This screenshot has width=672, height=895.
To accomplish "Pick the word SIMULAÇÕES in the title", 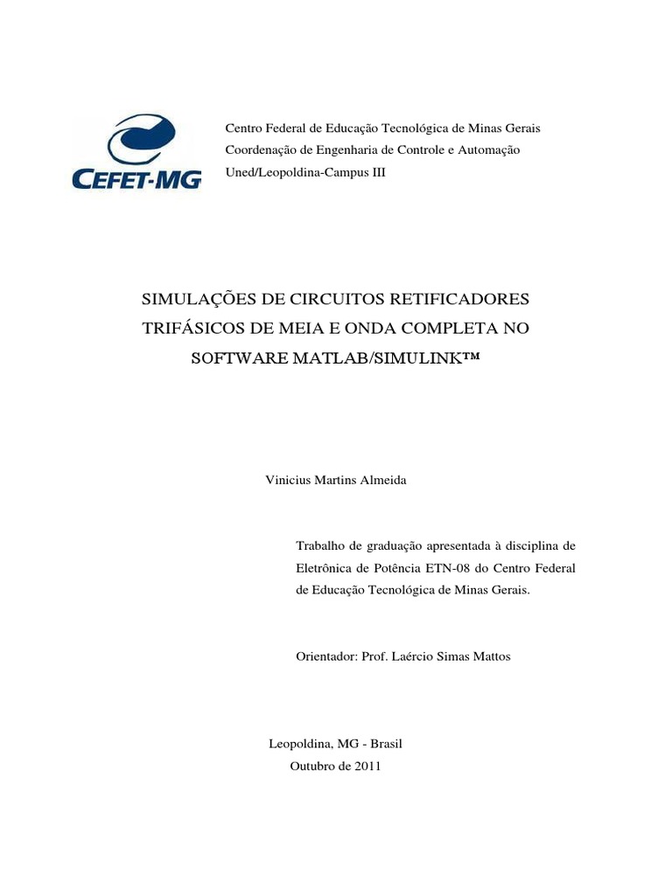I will tap(198, 300).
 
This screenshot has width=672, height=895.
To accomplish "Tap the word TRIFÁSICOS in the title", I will tap(192, 330).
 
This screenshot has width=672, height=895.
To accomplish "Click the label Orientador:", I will tap(326, 656).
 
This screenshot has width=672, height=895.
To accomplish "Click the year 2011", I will tap(367, 766).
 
